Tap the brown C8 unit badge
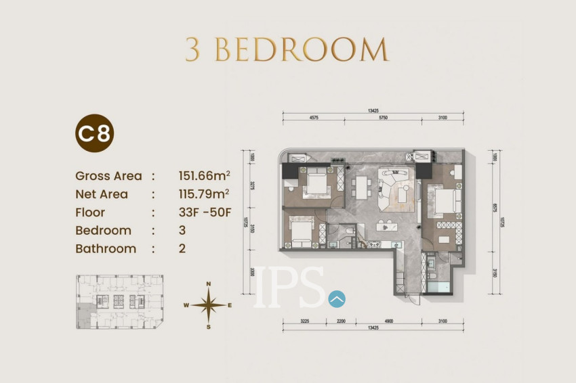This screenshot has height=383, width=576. [94, 133]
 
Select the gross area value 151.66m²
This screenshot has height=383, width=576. [203, 176]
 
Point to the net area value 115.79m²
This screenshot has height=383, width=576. [203, 194]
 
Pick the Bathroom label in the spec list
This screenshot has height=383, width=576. [106, 248]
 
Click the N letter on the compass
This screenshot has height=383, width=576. [209, 284]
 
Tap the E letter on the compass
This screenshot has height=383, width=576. [230, 305]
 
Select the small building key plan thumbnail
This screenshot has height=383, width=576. [120, 302]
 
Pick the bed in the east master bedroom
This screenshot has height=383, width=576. [444, 201]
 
